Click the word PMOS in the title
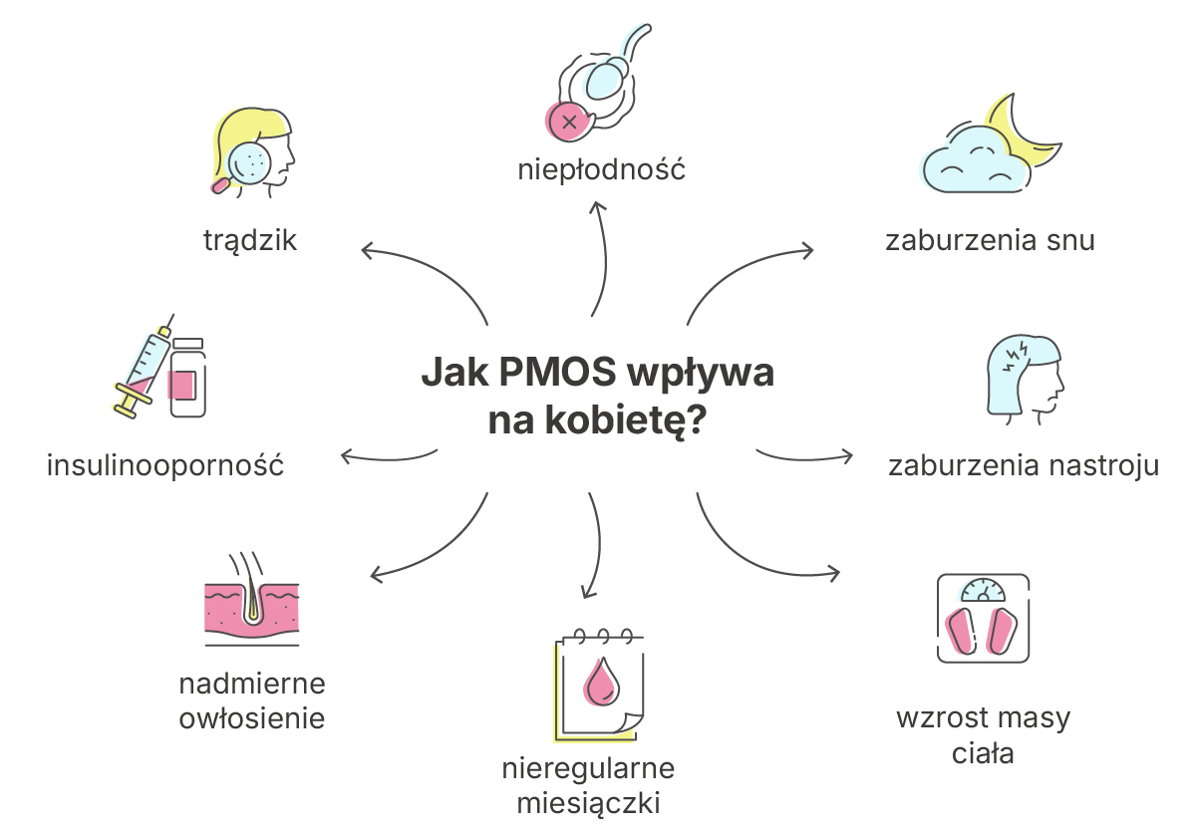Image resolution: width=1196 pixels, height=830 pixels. pyautogui.click(x=558, y=372)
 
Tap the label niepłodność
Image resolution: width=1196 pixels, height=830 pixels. pyautogui.click(x=602, y=169)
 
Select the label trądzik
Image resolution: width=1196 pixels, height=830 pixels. pyautogui.click(x=250, y=240)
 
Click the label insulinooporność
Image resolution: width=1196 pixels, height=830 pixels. pyautogui.click(x=165, y=465)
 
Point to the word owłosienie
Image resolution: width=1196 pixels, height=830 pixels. pyautogui.click(x=252, y=718)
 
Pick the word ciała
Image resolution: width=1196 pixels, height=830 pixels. pyautogui.click(x=983, y=753)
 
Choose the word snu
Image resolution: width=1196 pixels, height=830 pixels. pyautogui.click(x=1070, y=241)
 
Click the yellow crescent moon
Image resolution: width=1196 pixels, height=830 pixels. pyautogui.click(x=1023, y=134)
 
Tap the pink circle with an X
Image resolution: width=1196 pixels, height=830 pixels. pyautogui.click(x=567, y=122)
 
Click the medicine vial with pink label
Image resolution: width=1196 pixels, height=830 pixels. pyautogui.click(x=188, y=378)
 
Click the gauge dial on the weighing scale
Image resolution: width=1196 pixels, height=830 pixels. pyautogui.click(x=983, y=590)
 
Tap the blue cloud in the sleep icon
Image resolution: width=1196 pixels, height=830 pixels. pyautogui.click(x=975, y=159)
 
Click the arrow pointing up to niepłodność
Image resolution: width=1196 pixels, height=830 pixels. pyautogui.click(x=600, y=259)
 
